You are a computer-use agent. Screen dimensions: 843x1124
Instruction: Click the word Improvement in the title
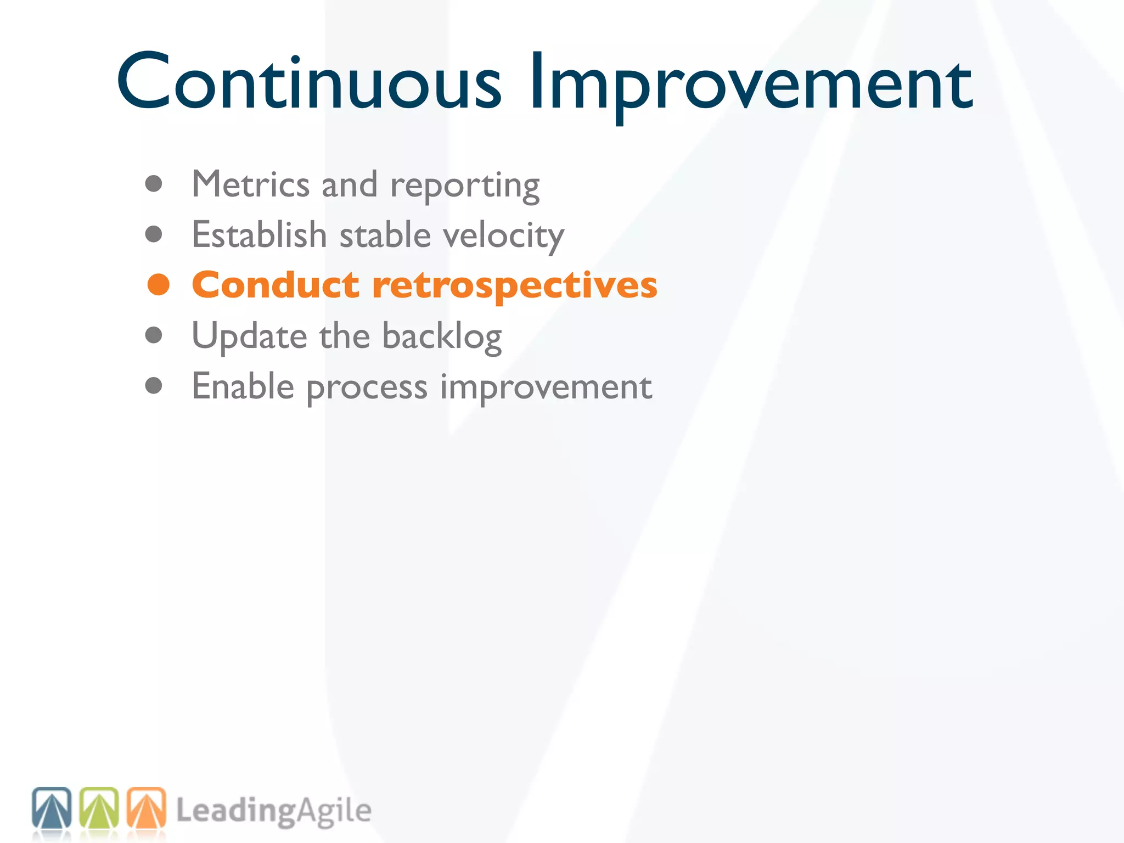[751, 82]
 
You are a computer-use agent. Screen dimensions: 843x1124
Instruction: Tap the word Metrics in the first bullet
[250, 184]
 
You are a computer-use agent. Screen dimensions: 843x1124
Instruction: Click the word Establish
[259, 235]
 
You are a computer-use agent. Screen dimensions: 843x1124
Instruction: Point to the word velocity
[503, 236]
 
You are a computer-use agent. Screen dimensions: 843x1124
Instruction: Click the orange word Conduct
[276, 285]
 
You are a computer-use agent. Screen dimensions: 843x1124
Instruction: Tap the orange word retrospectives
[514, 286]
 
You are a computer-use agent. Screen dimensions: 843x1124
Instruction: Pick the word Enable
[243, 386]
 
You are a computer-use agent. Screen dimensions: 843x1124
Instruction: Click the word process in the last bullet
[367, 389]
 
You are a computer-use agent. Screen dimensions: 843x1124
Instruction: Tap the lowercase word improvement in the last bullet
[546, 389]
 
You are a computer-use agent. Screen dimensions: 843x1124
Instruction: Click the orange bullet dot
[159, 285]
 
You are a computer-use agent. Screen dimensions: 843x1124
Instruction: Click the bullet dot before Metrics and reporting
[154, 184]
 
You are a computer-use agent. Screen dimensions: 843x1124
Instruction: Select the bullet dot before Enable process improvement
[154, 386]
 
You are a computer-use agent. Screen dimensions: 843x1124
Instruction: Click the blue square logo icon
[52, 808]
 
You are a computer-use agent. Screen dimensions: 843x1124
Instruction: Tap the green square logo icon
[99, 808]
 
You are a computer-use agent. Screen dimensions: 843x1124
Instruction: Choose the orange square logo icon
[146, 808]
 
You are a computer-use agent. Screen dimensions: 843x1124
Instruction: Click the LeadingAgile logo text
[273, 811]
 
